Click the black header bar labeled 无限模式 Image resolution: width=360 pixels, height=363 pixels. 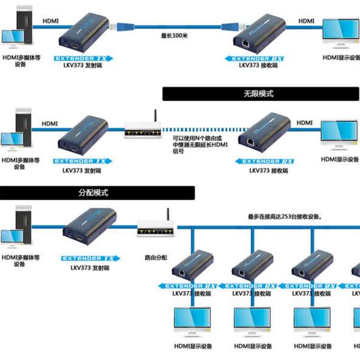point(260,94)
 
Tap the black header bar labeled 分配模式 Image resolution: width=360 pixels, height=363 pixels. point(97,193)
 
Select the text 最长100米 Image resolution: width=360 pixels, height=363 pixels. point(175,36)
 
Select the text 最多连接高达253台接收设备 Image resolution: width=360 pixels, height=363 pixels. point(284,216)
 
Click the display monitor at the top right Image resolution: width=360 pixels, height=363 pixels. point(341,35)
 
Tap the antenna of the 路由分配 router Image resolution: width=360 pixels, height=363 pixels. point(166,215)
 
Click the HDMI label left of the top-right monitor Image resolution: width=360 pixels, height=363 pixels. point(306,21)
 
